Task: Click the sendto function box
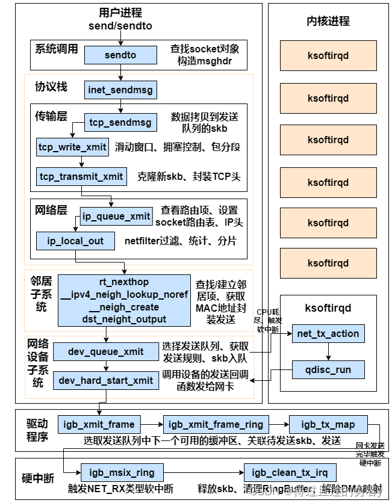(120, 55)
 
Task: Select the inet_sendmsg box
(120, 90)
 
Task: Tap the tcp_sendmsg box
(120, 122)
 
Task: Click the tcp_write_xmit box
(72, 147)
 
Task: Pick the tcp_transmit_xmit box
(81, 176)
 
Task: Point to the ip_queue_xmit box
(116, 217)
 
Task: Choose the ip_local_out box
(75, 241)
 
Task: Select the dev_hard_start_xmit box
(105, 380)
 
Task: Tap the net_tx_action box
(328, 333)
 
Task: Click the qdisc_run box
(328, 369)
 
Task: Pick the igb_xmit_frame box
(99, 424)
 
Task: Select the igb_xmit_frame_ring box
(215, 424)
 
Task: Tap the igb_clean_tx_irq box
(290, 472)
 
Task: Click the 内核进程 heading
(328, 21)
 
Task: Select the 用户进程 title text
(120, 13)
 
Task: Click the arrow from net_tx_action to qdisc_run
(328, 351)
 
